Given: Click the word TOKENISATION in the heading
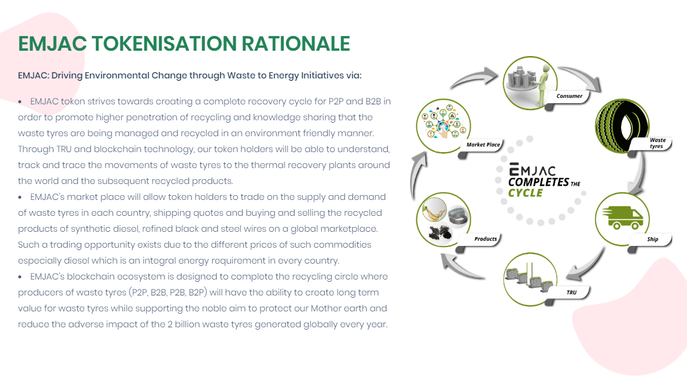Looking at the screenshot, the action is click(x=164, y=44).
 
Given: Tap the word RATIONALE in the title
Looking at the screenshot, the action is click(x=296, y=44).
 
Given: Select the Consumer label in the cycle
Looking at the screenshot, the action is click(x=569, y=96).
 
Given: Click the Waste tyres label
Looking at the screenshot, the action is click(x=657, y=143).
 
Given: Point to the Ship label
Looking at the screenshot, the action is click(x=652, y=239).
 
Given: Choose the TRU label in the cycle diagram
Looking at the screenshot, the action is click(x=572, y=292).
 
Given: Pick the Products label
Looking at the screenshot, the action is click(x=485, y=239).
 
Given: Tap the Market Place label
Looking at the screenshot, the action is click(x=483, y=144).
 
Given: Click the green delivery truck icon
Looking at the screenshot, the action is click(x=623, y=218).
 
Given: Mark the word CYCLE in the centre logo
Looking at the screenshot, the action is click(x=526, y=193).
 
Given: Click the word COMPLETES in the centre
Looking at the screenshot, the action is click(x=539, y=182).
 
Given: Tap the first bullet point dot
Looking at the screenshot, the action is click(x=19, y=102).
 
